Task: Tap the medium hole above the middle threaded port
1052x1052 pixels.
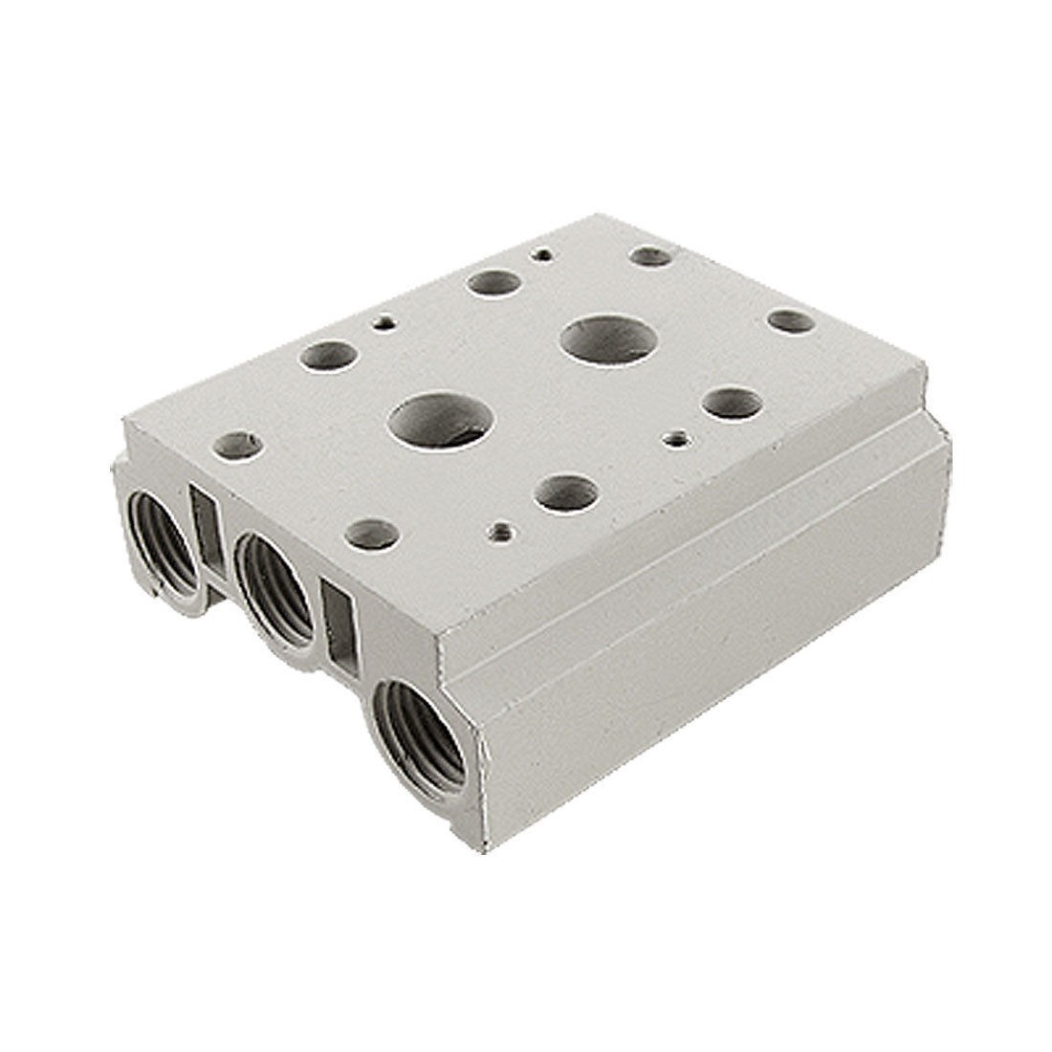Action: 373,532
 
